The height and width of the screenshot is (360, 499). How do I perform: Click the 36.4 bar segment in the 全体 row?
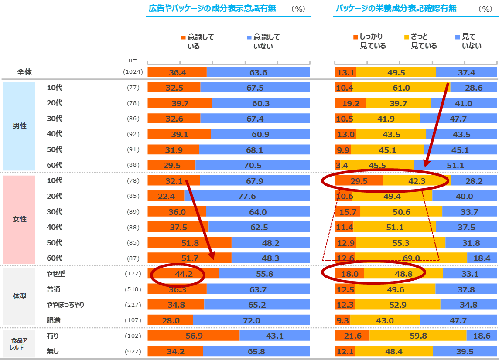click(177, 72)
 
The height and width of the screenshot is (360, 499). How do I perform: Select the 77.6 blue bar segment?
click(247, 197)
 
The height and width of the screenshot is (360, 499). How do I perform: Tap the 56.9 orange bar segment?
click(193, 336)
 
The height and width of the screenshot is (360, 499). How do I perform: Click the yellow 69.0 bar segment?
click(411, 258)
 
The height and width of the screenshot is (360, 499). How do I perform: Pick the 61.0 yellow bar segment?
click(401, 88)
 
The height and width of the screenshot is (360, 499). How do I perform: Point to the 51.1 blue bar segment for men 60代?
click(455, 166)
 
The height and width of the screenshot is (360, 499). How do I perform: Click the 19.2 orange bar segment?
click(350, 104)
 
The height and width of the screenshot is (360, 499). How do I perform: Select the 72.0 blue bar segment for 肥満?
click(251, 321)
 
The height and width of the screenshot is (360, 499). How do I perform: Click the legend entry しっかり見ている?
click(370, 41)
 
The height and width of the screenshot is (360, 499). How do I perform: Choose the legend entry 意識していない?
click(263, 41)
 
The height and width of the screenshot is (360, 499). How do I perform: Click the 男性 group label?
click(19, 126)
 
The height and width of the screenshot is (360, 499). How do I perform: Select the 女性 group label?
click(19, 219)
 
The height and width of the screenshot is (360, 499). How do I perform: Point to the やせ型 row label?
click(56, 274)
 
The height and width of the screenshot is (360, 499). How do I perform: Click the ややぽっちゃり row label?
click(65, 305)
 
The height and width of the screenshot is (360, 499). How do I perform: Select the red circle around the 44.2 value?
click(178, 275)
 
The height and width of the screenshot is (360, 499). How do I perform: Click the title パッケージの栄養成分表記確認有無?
click(396, 8)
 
